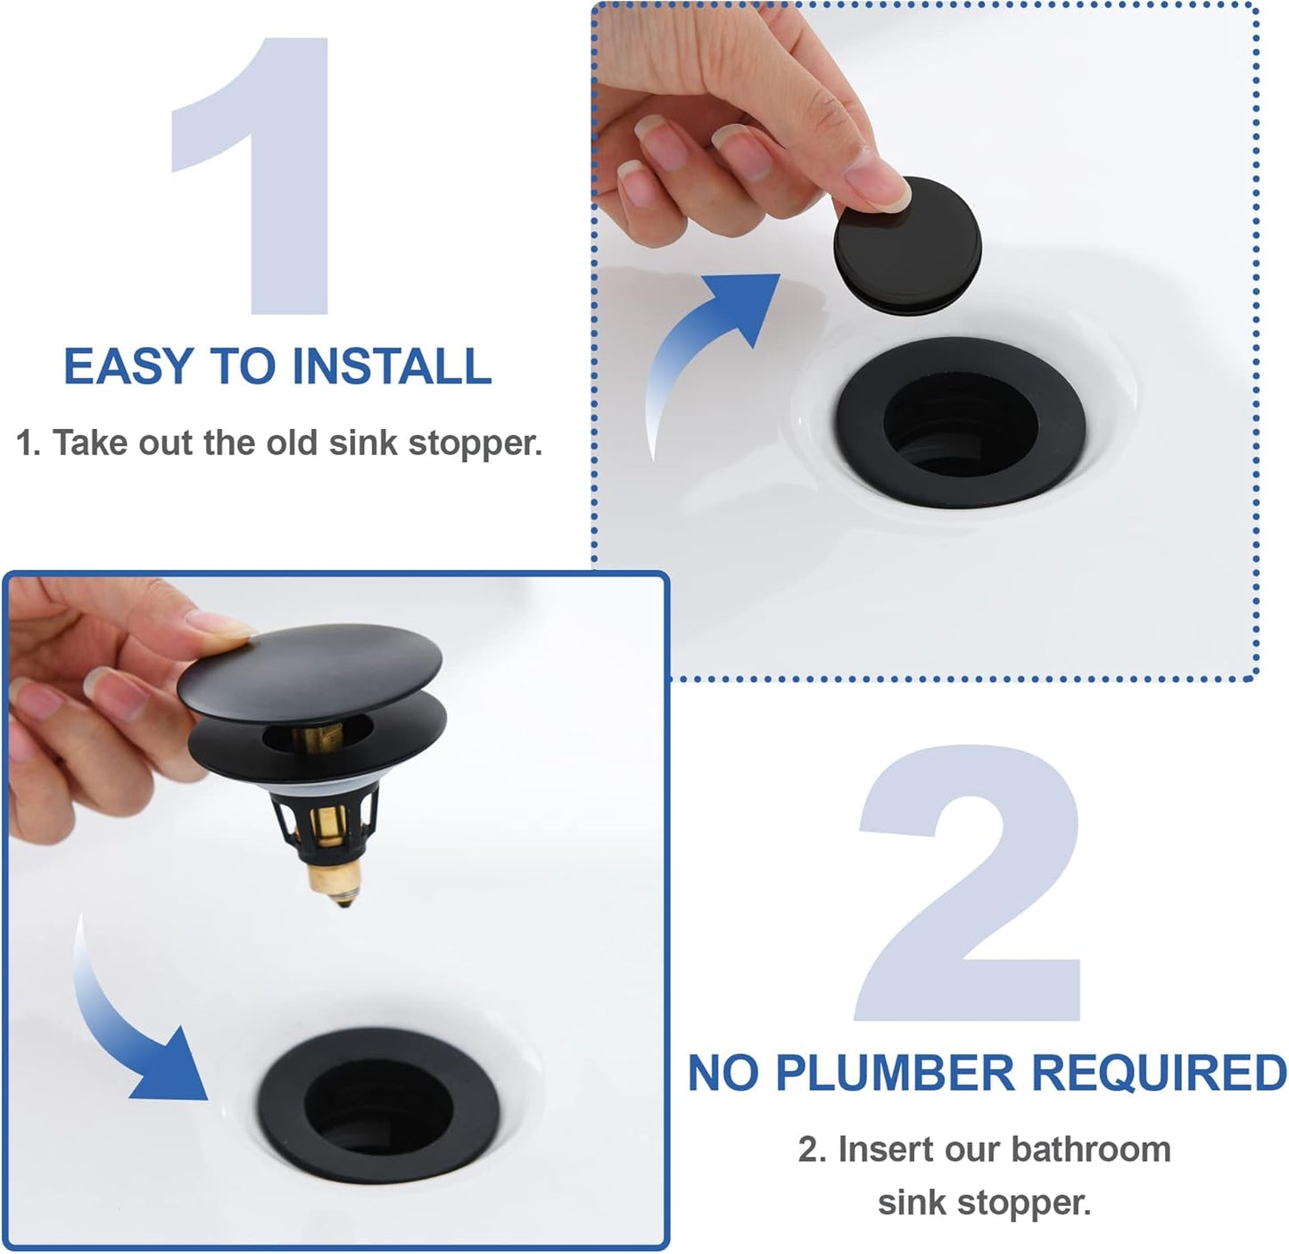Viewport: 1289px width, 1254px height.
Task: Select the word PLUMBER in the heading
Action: tap(895, 1073)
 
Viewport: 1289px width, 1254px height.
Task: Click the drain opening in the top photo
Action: tap(962, 424)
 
